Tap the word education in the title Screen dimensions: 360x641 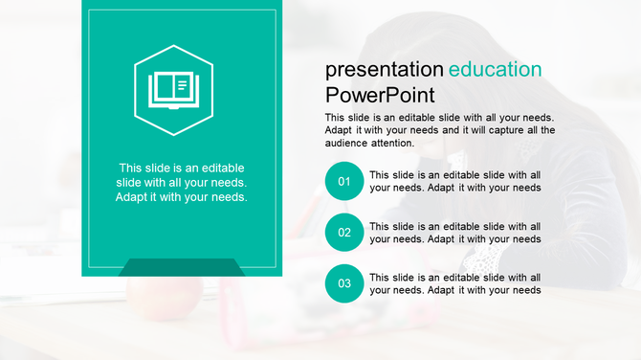click(x=495, y=69)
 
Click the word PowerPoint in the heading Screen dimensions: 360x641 click(x=380, y=95)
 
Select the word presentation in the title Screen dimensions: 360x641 click(x=385, y=70)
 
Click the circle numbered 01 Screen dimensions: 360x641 click(x=344, y=181)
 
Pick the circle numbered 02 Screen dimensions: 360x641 click(x=344, y=233)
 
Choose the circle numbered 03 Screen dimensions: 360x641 click(x=344, y=283)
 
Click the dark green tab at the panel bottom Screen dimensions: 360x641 click(x=182, y=267)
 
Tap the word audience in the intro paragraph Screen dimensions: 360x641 click(x=347, y=144)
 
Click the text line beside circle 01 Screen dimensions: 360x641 click(x=455, y=181)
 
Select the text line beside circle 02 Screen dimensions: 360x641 click(x=455, y=233)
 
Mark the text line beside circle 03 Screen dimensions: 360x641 click(x=455, y=283)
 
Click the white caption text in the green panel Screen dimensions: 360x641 click(x=181, y=182)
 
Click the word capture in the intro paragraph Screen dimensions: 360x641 click(x=490, y=130)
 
